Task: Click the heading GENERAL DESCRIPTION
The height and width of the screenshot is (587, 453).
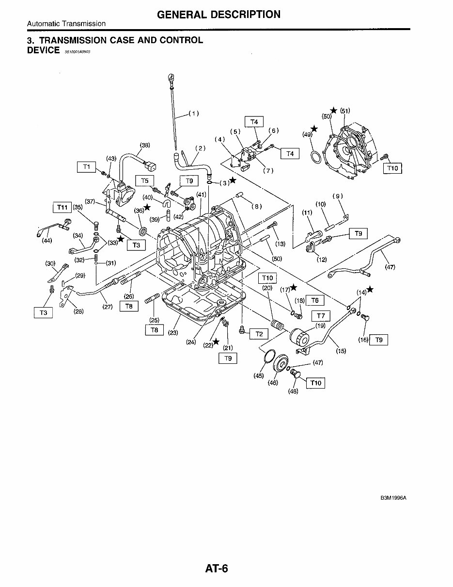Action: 219,15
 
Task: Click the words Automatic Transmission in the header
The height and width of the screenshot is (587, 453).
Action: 66,23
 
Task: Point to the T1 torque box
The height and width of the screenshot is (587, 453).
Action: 87,167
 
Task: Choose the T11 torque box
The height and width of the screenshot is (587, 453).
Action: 62,207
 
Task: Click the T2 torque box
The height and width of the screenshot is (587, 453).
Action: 259,334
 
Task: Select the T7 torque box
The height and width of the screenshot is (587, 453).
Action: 321,316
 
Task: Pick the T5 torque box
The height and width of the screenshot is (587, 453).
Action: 144,181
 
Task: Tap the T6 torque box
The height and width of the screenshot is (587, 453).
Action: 315,301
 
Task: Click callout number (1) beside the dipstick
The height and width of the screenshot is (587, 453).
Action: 193,114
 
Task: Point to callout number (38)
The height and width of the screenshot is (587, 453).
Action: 145,145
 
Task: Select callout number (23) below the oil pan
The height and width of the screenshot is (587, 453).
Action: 173,333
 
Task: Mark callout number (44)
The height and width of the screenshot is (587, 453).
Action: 47,241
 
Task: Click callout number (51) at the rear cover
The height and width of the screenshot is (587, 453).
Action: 345,110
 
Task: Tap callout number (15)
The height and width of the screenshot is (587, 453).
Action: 341,351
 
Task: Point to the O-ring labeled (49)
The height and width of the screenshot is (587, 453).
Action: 315,158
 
